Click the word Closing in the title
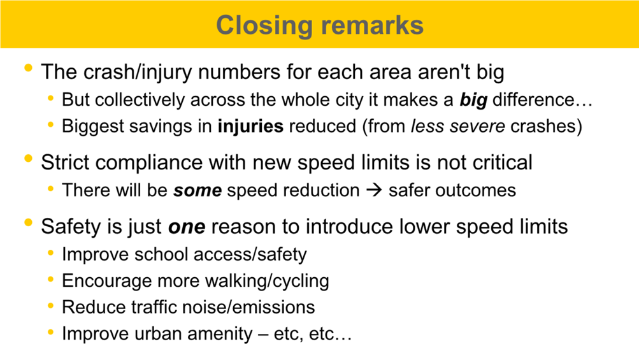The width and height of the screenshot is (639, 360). pyautogui.click(x=264, y=26)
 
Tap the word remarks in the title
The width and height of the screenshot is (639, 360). pyautogui.click(x=372, y=25)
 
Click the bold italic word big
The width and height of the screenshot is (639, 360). pyautogui.click(x=473, y=100)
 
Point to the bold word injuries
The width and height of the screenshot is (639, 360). pyautogui.click(x=250, y=126)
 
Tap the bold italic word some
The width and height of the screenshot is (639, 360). pyautogui.click(x=197, y=191)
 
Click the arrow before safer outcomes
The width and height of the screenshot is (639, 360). pyautogui.click(x=374, y=191)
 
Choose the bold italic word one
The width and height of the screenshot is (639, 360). pyautogui.click(x=187, y=227)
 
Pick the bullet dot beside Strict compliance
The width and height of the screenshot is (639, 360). pyautogui.click(x=28, y=159)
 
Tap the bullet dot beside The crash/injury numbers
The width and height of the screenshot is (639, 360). pyautogui.click(x=28, y=68)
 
